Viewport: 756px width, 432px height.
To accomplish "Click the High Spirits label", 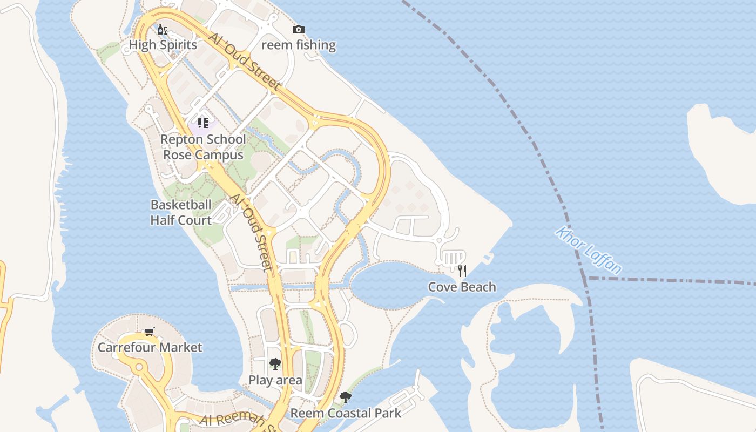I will point(163,45).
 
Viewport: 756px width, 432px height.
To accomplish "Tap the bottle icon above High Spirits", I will point(162,29).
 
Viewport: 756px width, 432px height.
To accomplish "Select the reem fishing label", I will point(299,45).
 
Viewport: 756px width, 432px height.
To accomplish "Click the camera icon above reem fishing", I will point(299,30).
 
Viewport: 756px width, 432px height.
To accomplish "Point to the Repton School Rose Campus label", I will point(203,147).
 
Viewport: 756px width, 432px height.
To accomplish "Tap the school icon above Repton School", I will point(202,123).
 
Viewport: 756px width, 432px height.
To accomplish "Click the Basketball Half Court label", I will point(181,213).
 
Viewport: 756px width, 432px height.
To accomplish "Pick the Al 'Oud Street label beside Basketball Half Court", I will point(252,231).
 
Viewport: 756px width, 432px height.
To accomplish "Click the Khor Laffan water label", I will point(589,251).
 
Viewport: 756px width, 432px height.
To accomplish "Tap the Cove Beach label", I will point(462,287).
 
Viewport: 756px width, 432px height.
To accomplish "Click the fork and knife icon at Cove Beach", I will point(462,271).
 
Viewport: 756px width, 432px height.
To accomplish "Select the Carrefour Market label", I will point(150,347).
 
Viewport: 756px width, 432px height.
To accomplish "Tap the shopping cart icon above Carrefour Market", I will point(150,332).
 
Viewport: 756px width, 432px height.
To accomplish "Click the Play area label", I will point(275,380).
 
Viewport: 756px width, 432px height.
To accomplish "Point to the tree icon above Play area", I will point(275,364).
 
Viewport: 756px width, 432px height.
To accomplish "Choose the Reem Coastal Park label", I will point(346,414).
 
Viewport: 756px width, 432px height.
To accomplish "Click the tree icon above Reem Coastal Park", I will point(346,398).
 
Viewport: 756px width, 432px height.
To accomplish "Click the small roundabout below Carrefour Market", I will point(139,367).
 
